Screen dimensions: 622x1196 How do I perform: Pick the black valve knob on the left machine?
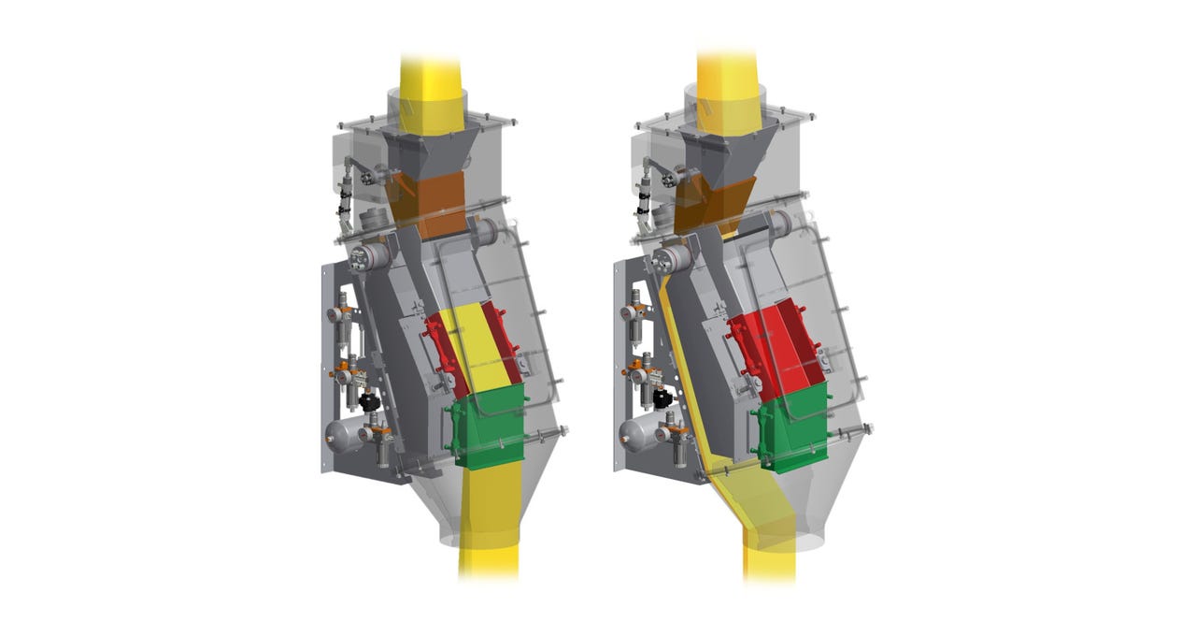[368, 401]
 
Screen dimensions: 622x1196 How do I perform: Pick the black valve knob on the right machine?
[662, 399]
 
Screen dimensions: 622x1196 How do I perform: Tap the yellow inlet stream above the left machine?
[433, 80]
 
